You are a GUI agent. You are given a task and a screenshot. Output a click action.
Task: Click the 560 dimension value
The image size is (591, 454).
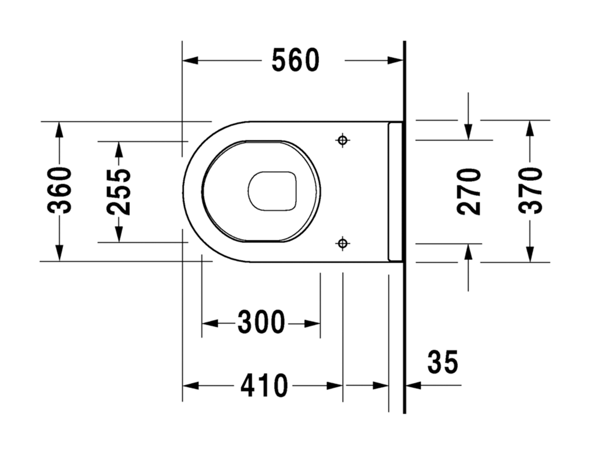[295, 60]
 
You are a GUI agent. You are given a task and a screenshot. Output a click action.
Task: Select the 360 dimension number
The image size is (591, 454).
[59, 191]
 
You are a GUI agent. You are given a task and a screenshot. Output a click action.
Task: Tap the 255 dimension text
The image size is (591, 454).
[119, 192]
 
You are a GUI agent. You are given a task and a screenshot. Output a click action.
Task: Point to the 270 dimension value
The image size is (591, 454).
[469, 192]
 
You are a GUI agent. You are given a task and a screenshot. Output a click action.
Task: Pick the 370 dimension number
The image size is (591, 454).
[530, 191]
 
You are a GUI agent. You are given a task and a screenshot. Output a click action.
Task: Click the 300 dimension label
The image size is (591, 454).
[261, 322]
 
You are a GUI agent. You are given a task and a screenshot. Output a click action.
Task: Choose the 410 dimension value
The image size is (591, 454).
[264, 385]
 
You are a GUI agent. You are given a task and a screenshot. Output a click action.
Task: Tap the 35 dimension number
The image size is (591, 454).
[443, 362]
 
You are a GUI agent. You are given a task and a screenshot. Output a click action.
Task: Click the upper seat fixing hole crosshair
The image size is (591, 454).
[343, 140]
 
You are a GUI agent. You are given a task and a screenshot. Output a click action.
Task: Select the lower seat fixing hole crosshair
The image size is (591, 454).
[343, 243]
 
